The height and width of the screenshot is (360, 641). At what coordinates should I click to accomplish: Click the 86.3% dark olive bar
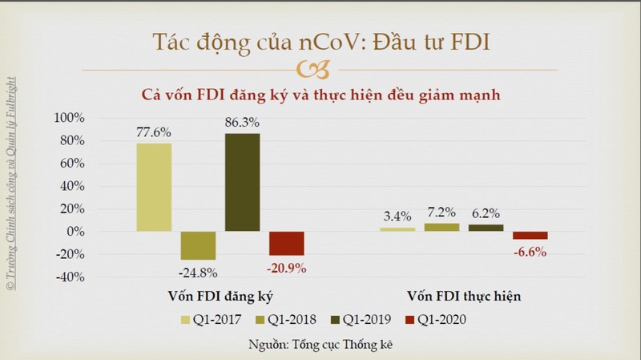(x=242, y=182)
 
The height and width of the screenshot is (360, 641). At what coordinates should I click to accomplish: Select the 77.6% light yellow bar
(x=154, y=187)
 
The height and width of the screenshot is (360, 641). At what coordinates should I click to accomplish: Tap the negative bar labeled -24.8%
(x=198, y=245)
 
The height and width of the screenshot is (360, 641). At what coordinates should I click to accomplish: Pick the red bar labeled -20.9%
(x=287, y=243)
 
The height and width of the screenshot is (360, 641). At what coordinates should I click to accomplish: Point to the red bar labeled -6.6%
(x=530, y=235)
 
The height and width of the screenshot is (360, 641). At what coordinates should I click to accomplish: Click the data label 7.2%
(x=441, y=212)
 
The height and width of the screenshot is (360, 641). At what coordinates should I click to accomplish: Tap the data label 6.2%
(x=485, y=213)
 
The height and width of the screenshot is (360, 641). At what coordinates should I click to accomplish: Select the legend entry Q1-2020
(x=436, y=320)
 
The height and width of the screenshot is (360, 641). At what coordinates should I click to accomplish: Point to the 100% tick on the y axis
(x=68, y=118)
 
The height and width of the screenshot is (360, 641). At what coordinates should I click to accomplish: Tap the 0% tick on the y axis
(x=74, y=232)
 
